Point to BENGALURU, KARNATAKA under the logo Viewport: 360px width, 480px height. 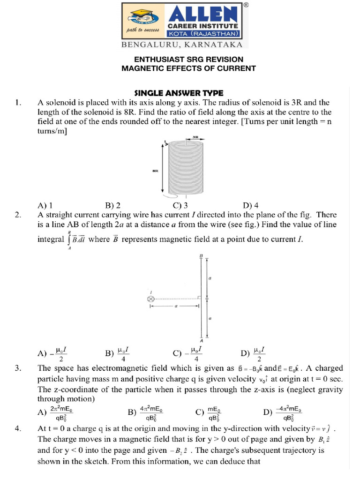click(182, 45)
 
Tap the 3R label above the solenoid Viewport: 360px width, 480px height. click(196, 137)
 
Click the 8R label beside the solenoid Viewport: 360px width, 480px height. click(155, 171)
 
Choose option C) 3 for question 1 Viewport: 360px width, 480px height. click(180, 205)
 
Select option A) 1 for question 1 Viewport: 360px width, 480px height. click(45, 205)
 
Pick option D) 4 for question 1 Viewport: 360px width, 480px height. click(251, 205)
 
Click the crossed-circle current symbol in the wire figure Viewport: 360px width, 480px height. click(150, 299)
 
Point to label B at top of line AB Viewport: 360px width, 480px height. click(201, 255)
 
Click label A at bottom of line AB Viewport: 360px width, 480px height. click(201, 341)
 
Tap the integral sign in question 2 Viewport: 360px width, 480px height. click(69, 240)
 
